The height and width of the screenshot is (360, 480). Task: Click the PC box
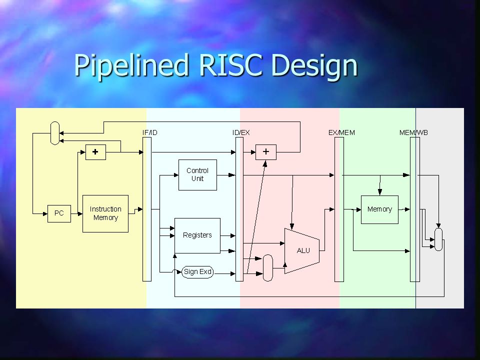pyautogui.click(x=59, y=213)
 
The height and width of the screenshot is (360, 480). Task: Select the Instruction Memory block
pyautogui.click(x=105, y=213)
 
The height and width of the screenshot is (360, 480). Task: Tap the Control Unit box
pyautogui.click(x=197, y=175)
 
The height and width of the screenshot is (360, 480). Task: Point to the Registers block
pyautogui.click(x=197, y=235)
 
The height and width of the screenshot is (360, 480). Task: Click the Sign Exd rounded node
pyautogui.click(x=197, y=272)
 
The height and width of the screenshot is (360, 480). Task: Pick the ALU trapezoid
pyautogui.click(x=302, y=250)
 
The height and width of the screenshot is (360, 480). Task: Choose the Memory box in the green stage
pyautogui.click(x=379, y=209)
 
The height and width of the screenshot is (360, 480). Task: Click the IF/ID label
pyautogui.click(x=149, y=132)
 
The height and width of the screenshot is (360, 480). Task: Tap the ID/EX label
pyautogui.click(x=241, y=132)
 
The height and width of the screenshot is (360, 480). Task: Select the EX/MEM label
pyautogui.click(x=341, y=132)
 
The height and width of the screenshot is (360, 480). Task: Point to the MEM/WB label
pyautogui.click(x=413, y=132)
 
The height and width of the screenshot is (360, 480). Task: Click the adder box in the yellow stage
pyautogui.click(x=95, y=152)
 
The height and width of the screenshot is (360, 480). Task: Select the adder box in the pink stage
pyautogui.click(x=266, y=152)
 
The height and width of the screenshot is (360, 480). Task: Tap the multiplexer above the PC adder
pyautogui.click(x=55, y=133)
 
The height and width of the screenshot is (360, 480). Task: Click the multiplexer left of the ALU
pyautogui.click(x=268, y=268)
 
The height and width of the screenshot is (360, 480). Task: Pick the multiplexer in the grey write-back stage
pyautogui.click(x=438, y=239)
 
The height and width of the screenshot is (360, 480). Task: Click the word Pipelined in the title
pyautogui.click(x=130, y=65)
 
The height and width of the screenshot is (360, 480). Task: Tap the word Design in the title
pyautogui.click(x=314, y=66)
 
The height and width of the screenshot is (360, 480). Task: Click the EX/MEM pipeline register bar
pyautogui.click(x=339, y=209)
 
